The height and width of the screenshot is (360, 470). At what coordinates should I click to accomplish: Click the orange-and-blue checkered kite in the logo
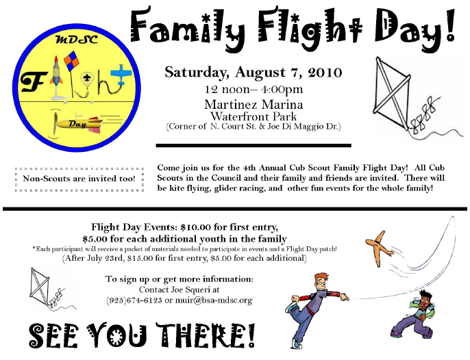72,62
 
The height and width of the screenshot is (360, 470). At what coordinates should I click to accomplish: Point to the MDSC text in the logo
77,40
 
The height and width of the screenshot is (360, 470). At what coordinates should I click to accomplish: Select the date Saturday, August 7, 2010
253,72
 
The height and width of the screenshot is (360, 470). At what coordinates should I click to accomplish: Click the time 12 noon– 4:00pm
253,90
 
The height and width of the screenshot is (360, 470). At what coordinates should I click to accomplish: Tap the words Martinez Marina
253,105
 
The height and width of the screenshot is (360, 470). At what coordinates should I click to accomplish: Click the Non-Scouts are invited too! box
79,179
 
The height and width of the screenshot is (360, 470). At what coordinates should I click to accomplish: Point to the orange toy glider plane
379,248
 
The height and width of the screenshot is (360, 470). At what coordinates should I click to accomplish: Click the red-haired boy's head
320,281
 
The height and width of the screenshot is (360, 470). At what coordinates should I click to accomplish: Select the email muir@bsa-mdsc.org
214,300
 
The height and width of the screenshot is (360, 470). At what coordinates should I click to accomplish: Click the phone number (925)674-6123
134,300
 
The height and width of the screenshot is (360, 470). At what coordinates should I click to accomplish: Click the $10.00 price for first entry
196,227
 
